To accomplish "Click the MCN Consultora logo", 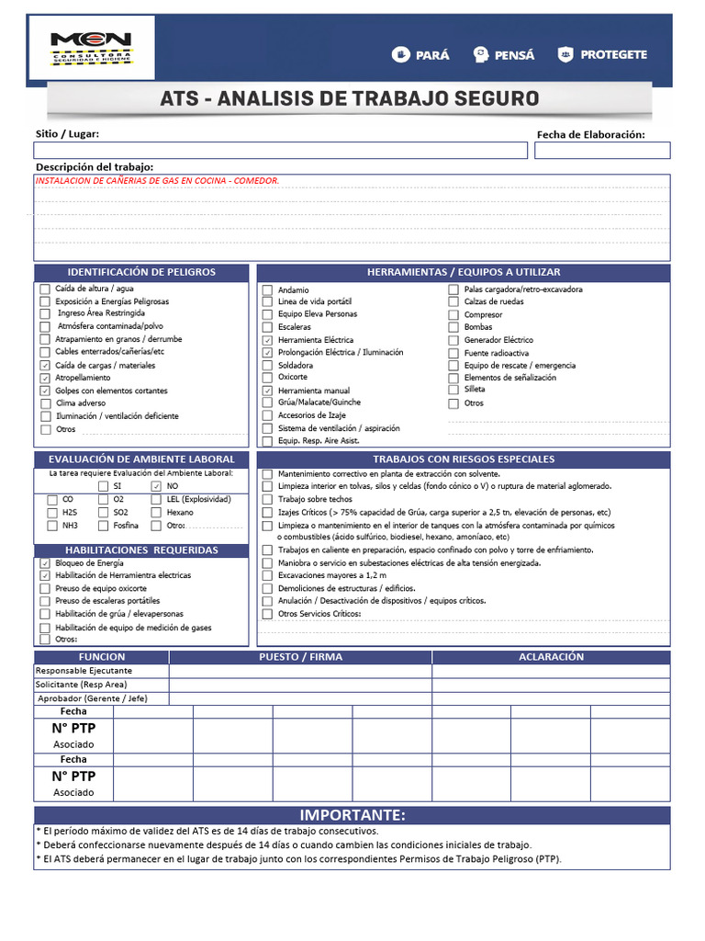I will [91, 49].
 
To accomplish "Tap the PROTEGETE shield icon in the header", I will [566, 54].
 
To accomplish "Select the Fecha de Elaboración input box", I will [602, 151].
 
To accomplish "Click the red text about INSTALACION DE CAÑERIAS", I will [157, 181].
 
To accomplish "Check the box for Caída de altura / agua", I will [45, 289].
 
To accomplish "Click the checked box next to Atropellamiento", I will [45, 378].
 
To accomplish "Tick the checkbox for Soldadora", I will [267, 365].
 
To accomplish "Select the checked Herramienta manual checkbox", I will [267, 391].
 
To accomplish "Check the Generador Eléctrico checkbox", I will [453, 340].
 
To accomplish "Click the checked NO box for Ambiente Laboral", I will [156, 486].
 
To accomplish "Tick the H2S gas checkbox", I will [51, 513].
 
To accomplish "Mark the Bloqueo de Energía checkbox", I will [45, 563].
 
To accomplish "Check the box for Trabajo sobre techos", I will [267, 499].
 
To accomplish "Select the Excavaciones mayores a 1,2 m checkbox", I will [267, 575].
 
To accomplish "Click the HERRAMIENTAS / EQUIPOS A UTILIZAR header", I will [464, 272].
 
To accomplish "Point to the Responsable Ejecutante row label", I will [84, 671].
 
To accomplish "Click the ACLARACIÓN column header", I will [551, 657].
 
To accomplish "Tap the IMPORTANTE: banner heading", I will [352, 816].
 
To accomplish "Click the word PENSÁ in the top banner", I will [514, 54].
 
